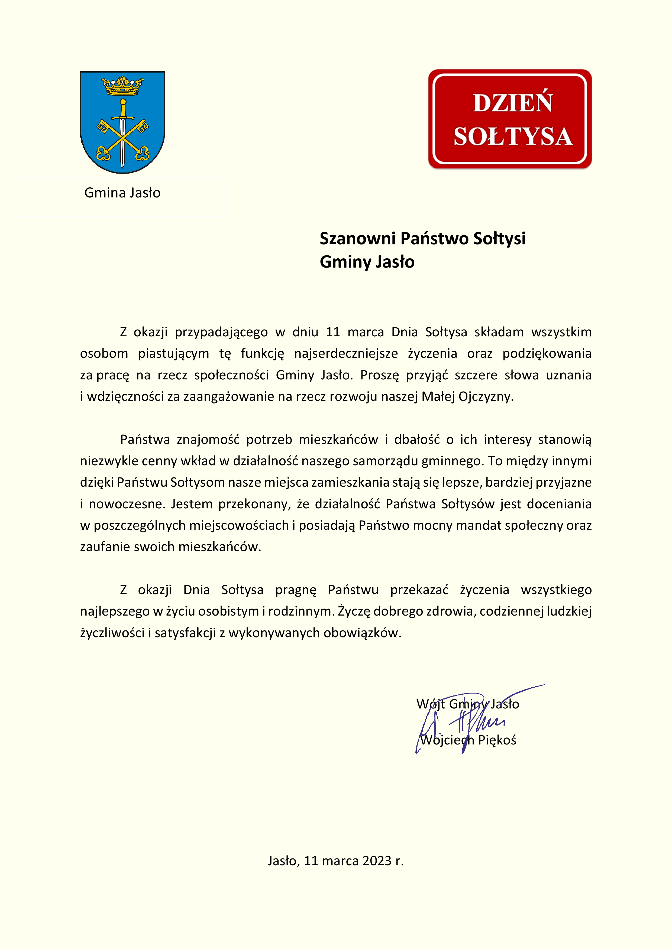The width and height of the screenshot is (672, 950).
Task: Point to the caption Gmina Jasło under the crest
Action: click(122, 193)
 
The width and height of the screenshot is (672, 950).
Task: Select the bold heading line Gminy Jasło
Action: click(367, 262)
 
